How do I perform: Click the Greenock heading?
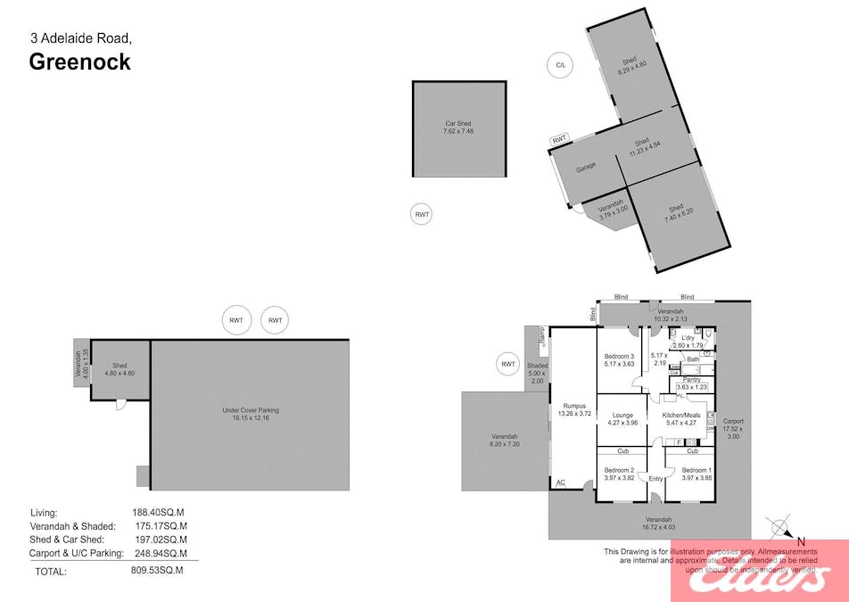(80, 62)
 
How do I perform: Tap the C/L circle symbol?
(560, 65)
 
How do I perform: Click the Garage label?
(585, 167)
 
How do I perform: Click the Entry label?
(656, 479)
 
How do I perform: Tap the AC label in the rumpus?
(560, 482)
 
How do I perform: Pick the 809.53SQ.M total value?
(157, 570)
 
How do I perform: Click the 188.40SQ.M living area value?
(158, 512)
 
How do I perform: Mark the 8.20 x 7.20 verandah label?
(505, 439)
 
